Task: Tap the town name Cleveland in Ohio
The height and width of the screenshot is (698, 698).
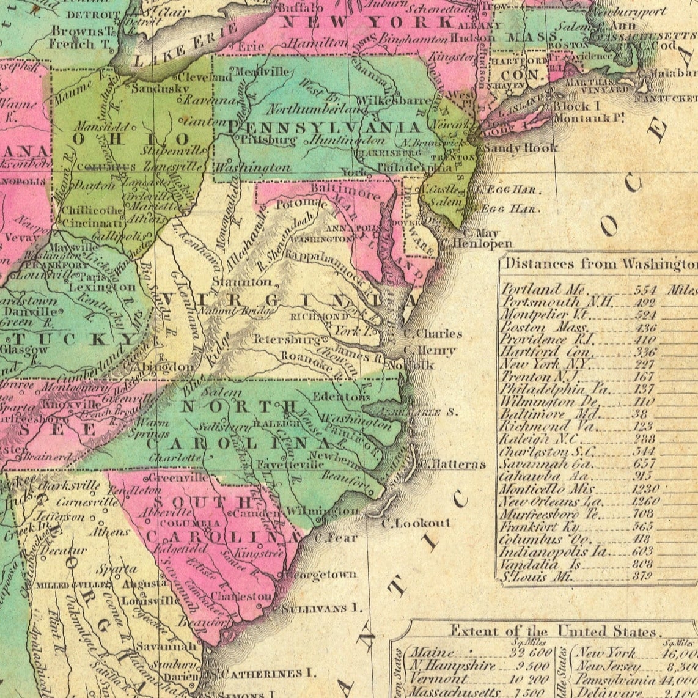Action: [204, 78]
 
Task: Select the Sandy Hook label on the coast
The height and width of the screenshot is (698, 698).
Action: [520, 148]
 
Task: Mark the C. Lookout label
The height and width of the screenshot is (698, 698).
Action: [416, 523]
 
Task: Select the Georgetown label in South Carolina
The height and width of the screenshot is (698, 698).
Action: [321, 575]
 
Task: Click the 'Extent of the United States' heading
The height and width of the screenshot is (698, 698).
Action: [553, 631]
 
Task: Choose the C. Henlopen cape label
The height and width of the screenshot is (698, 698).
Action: [482, 244]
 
